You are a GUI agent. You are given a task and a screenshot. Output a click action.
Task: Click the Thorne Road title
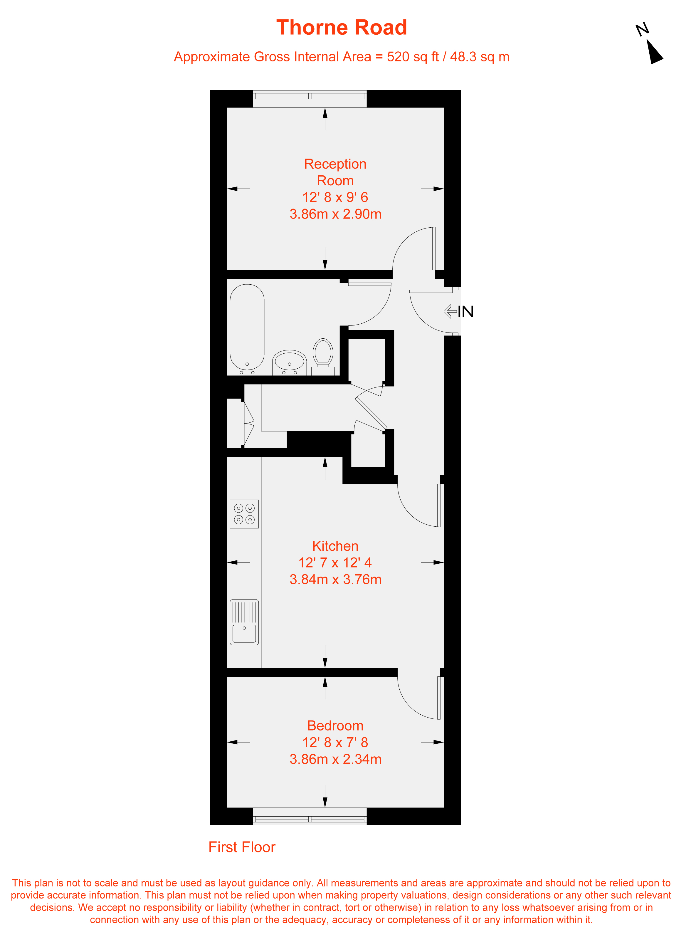pyautogui.click(x=342, y=28)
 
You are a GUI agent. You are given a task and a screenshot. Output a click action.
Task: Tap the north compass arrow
pyautogui.click(x=654, y=51)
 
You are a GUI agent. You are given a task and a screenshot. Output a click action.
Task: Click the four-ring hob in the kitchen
pyautogui.click(x=244, y=514)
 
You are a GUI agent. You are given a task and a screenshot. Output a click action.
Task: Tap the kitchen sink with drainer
pyautogui.click(x=244, y=622)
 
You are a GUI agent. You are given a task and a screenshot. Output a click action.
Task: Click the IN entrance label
pyautogui.click(x=466, y=312)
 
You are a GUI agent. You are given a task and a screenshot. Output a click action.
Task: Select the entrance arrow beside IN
pyautogui.click(x=450, y=311)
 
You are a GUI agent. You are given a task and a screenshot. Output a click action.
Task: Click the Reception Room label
pyautogui.click(x=335, y=172)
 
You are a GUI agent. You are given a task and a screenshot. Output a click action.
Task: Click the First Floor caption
pyautogui.click(x=242, y=847)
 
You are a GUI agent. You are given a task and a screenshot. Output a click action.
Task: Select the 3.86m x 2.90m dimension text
pyautogui.click(x=335, y=214)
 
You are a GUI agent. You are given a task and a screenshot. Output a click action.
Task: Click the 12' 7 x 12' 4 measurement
pyautogui.click(x=335, y=562)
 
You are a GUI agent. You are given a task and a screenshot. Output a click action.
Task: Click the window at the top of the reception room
pyautogui.click(x=310, y=98)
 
